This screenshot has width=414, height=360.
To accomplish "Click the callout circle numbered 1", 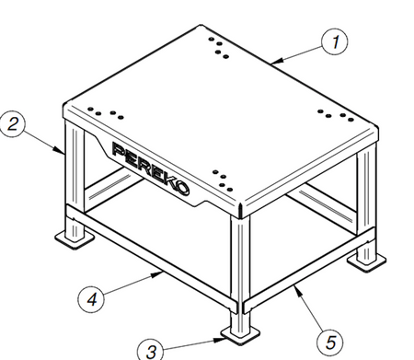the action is click(334, 42).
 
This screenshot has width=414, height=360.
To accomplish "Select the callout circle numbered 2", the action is click(12, 123).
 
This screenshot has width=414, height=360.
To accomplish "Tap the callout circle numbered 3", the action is click(150, 350).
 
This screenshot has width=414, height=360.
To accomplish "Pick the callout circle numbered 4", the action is click(91, 299).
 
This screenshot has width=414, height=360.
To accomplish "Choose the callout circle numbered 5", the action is click(329, 342).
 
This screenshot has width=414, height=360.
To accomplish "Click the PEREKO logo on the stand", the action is click(150, 168).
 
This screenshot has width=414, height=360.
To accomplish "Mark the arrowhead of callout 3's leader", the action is click(220, 340).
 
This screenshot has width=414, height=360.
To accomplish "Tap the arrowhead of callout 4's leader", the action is click(156, 274).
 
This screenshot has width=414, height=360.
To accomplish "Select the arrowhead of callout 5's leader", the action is click(297, 290).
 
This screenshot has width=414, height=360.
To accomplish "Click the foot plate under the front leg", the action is click(240, 335).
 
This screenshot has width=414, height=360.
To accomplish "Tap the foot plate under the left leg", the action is click(75, 239).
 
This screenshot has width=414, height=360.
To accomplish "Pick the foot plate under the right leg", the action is click(366, 261).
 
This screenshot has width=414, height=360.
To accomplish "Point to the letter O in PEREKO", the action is click(182, 187).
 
